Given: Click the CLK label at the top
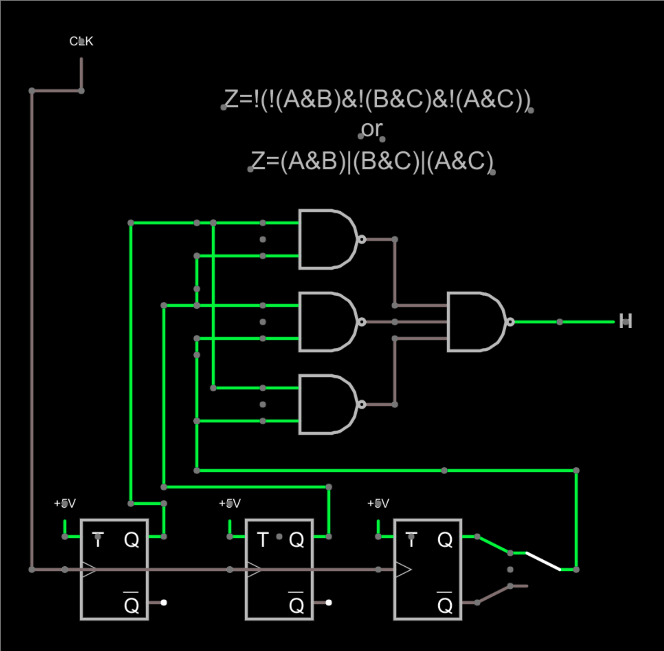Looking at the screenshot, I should tap(81, 41).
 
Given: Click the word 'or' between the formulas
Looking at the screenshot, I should tap(371, 129).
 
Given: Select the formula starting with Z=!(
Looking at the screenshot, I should tap(377, 99).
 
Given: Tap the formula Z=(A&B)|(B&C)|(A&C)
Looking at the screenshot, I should tap(372, 161).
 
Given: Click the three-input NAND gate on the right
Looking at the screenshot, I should tap(476, 322).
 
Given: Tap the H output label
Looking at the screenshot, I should tap(626, 321).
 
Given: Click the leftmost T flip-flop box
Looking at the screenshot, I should tap(114, 569).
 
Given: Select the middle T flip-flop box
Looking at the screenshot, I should tap(279, 569).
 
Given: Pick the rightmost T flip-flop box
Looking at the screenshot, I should tap(428, 569).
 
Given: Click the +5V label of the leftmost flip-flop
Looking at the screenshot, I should tap(65, 503).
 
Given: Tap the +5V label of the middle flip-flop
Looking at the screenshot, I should tap(230, 503).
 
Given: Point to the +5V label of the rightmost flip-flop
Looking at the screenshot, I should tap(378, 503).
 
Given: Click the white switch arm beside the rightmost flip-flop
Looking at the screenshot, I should tap(543, 561).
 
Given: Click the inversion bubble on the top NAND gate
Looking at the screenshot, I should tap(362, 239).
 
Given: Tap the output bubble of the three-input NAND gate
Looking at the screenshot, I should tap(510, 322).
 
